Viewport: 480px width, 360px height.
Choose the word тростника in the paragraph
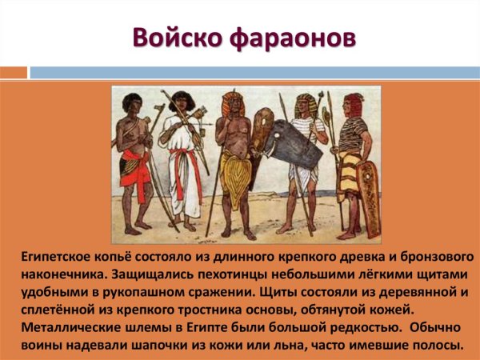(x=202, y=310)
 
